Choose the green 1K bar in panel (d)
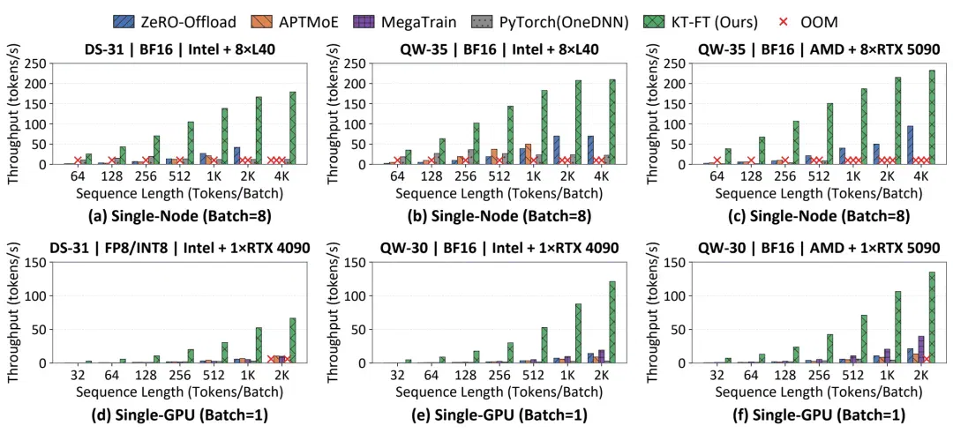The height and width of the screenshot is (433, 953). click(x=259, y=346)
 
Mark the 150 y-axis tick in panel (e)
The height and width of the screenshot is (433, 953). click(x=356, y=262)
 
